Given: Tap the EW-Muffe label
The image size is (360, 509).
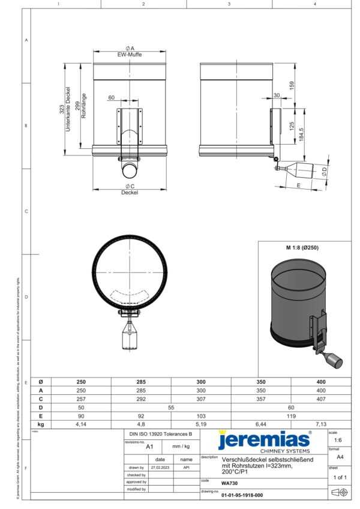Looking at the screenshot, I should [130, 55].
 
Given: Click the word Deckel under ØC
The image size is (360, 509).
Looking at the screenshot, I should [130, 193].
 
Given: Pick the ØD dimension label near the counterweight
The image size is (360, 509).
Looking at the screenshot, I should [325, 172].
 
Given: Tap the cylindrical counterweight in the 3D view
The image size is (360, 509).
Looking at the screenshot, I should [331, 360].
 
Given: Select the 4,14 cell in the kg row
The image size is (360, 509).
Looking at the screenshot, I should [81, 424].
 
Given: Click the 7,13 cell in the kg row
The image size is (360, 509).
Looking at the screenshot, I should [320, 424].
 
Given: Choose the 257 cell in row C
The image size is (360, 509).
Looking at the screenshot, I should [81, 399].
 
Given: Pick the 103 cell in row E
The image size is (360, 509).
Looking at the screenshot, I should [201, 415].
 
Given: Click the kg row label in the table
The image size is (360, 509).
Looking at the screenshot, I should [41, 424].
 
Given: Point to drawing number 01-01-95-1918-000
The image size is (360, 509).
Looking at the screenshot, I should [242, 496].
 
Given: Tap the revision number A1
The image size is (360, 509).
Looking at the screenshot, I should [150, 447].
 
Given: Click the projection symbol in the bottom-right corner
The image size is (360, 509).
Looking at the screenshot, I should [340, 492].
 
